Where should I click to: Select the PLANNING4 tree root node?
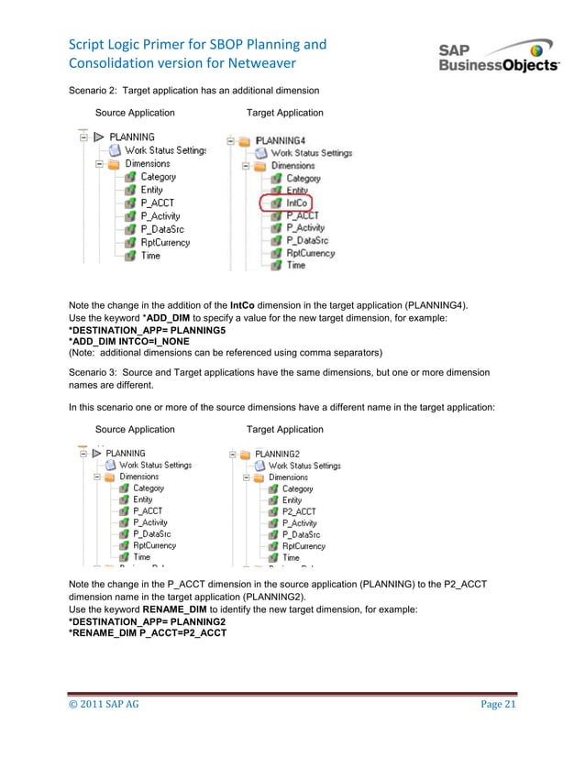[284, 140]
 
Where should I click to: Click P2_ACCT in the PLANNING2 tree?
[299, 512]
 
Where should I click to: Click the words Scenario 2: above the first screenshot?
[95, 90]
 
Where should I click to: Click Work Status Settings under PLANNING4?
[310, 153]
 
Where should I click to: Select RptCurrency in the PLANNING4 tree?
[310, 253]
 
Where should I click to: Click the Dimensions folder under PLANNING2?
[288, 477]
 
